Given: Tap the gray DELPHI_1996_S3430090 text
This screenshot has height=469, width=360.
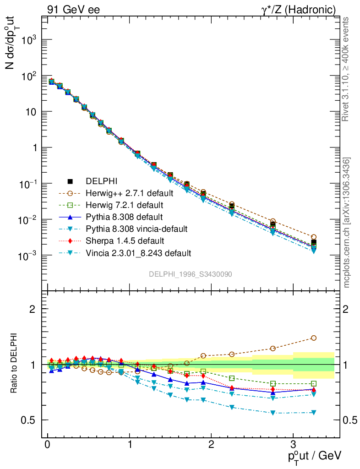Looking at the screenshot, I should (190, 274).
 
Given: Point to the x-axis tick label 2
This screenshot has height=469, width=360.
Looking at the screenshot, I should (211, 445).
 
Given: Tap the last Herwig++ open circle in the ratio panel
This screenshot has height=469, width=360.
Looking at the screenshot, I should (313, 338).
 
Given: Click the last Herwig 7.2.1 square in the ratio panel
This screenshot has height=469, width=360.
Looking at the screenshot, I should (313, 383).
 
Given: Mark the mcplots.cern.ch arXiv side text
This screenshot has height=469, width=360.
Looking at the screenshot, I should (347, 223).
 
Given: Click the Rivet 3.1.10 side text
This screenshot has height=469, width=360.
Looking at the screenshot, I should (347, 69).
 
